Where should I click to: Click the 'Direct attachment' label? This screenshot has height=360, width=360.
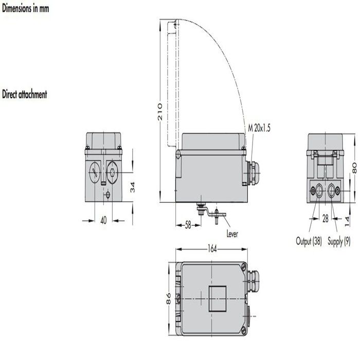point(25,95)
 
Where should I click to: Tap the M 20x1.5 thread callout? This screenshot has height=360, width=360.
point(259,128)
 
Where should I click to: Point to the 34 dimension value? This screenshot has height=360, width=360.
point(132,187)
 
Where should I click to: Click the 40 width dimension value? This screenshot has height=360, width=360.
point(103,220)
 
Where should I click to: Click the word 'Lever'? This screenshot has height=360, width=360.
point(232,234)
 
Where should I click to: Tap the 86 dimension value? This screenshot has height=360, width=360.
point(168,299)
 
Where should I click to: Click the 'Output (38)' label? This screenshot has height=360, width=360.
point(309,240)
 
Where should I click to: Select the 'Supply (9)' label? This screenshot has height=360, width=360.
point(340,240)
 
